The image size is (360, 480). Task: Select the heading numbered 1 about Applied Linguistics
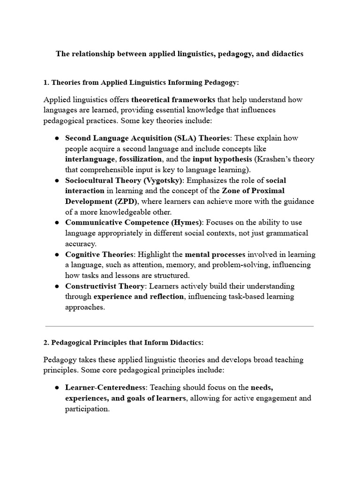click(x=141, y=82)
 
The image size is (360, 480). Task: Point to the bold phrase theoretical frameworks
click(x=173, y=99)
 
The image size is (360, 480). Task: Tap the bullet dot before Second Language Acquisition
click(x=56, y=138)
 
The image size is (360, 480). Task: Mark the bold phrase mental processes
click(x=215, y=255)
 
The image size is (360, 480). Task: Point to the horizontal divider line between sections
click(x=180, y=326)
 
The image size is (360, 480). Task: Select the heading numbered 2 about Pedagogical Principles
click(x=124, y=343)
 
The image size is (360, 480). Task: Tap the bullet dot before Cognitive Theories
click(x=56, y=255)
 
